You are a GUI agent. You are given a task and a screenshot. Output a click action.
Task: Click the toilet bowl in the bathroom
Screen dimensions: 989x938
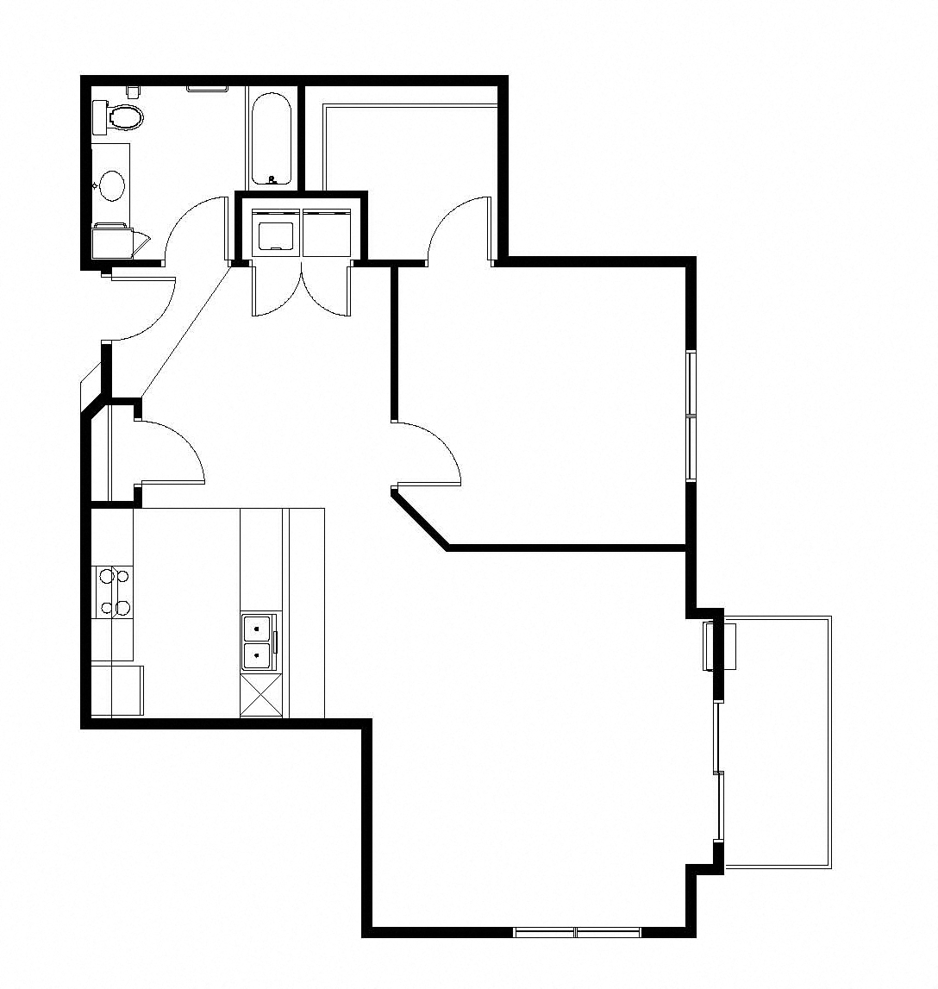point(126,116)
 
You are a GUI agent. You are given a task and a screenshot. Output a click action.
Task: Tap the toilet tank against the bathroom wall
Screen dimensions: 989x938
point(99,116)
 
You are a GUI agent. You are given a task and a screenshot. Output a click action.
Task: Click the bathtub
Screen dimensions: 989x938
point(272,138)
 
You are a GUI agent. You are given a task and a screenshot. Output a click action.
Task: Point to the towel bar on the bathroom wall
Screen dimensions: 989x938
point(207,87)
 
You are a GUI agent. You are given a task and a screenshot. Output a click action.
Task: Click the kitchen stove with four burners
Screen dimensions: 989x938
point(114,592)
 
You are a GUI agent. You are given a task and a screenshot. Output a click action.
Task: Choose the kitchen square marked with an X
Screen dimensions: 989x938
point(260,696)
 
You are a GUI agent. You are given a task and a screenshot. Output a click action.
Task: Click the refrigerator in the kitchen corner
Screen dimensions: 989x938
point(116,690)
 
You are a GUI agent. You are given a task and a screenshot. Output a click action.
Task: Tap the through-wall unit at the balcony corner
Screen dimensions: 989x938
point(721,645)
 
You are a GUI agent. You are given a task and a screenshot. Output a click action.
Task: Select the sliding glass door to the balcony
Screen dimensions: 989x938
point(718,772)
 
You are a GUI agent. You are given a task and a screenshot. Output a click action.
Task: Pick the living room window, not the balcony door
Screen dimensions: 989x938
point(577,932)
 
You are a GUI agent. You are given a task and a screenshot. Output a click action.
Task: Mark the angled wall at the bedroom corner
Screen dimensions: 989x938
point(420,519)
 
